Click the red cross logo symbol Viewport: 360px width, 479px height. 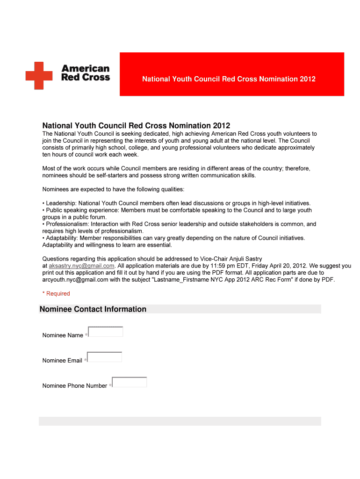[x=39, y=76]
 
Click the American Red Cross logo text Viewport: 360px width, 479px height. [x=86, y=73]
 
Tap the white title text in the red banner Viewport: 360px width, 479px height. [x=229, y=79]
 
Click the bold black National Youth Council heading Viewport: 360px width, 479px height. [x=136, y=126]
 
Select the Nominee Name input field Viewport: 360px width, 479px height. [x=106, y=332]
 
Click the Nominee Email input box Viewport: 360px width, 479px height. [x=105, y=357]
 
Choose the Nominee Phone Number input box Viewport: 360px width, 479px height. [x=130, y=383]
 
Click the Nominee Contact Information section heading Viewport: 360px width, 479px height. [x=93, y=309]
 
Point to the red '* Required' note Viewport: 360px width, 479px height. [x=56, y=293]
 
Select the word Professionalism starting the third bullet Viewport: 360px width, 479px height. [x=65, y=224]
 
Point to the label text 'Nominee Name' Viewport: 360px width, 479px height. [x=63, y=335]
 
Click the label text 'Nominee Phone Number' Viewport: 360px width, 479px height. [x=75, y=386]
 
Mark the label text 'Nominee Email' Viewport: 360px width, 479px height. [x=62, y=361]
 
